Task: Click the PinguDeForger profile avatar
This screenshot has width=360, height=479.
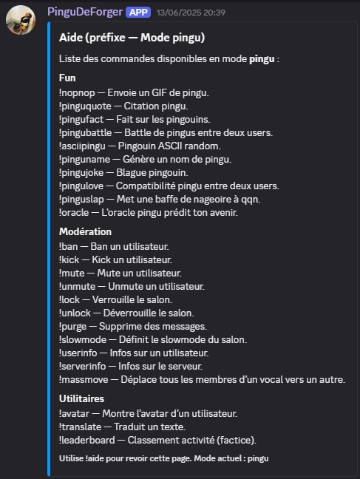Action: click(21, 22)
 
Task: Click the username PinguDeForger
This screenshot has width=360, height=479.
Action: click(84, 12)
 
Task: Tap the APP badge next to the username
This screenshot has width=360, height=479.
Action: click(138, 13)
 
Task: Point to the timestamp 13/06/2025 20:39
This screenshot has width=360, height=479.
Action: click(179, 13)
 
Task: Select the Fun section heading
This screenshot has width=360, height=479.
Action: click(67, 78)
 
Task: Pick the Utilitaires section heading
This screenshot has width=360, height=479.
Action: click(82, 398)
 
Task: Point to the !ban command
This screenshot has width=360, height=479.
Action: click(70, 246)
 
